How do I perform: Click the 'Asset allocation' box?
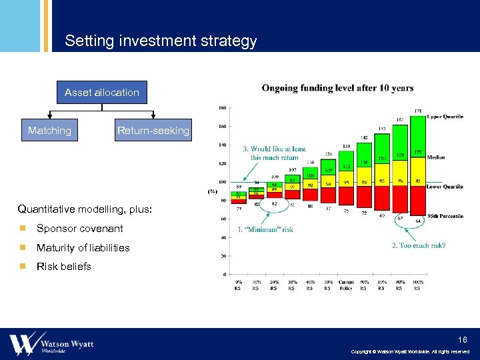102,93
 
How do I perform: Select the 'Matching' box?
49,131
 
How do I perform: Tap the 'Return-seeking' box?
153,131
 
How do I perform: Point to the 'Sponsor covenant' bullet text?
80,229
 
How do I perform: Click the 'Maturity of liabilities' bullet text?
83,248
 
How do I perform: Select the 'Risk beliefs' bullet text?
64,267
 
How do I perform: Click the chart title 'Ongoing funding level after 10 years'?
337,88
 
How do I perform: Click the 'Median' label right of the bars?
436,157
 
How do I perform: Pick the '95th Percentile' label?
445,216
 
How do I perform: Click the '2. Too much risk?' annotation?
419,245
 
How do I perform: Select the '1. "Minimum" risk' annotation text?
265,230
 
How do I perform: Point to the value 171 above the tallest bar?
417,111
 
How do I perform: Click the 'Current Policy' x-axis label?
345,285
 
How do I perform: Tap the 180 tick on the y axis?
221,107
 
